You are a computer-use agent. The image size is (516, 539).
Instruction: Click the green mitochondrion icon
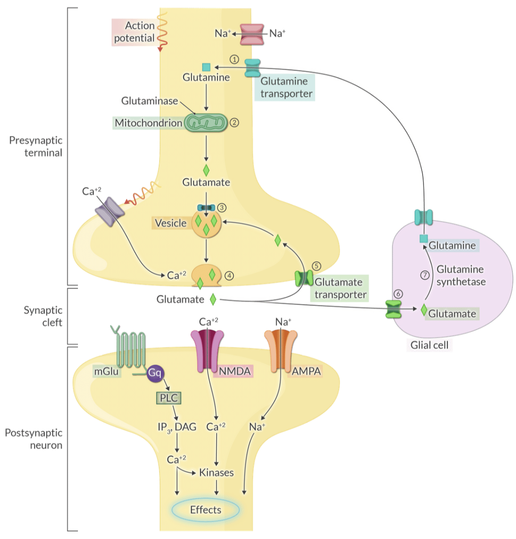205,123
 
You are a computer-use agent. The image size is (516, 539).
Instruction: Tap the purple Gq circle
155,373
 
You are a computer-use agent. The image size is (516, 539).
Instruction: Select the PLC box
168,398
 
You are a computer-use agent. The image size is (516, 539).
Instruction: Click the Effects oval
205,510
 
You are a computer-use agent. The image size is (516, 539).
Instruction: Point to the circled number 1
234,59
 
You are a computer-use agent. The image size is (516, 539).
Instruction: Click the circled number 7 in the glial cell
425,275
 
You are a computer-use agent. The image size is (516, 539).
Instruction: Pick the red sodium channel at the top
252,34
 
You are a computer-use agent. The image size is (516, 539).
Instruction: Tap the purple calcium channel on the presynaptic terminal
110,212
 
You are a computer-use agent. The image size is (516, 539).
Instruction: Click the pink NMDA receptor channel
207,350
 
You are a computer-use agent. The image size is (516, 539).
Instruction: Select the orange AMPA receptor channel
281,350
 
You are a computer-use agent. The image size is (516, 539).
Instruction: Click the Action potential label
134,32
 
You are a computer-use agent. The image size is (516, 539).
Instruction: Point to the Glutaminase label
149,101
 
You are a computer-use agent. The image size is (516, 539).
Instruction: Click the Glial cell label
429,345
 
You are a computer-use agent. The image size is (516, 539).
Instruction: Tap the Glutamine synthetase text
460,276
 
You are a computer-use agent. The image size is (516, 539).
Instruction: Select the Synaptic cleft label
43,316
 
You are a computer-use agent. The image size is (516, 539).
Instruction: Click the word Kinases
216,473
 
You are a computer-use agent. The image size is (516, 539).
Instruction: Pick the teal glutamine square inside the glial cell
424,239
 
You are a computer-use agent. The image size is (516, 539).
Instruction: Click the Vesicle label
170,223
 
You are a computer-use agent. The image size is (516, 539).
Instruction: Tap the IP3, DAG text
177,427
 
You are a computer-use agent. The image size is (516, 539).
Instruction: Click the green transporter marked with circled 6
393,309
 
